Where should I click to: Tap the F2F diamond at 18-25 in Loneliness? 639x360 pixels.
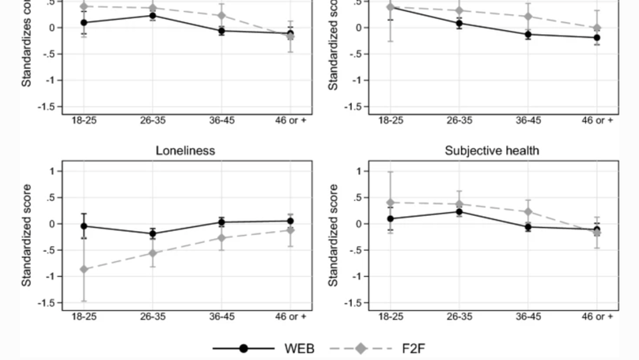coord(84,270)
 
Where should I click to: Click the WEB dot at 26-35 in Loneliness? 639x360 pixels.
coord(153,233)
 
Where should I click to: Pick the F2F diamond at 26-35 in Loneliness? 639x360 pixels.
coord(153,253)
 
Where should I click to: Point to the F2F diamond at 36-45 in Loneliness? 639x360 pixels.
coord(221,238)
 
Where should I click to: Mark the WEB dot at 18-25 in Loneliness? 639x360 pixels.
coord(84,225)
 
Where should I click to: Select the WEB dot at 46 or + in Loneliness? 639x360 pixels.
coord(290,222)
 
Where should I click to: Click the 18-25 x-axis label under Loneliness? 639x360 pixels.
coord(84,316)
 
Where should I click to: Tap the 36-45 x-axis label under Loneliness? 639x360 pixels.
coord(221,316)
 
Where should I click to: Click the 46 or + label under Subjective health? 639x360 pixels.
coord(598,316)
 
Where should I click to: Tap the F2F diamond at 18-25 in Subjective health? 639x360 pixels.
coord(391,203)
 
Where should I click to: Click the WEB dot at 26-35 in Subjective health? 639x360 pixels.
coord(459,211)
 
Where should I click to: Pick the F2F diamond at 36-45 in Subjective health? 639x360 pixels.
coord(528,212)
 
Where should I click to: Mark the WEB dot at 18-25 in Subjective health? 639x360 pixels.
coord(391,218)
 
